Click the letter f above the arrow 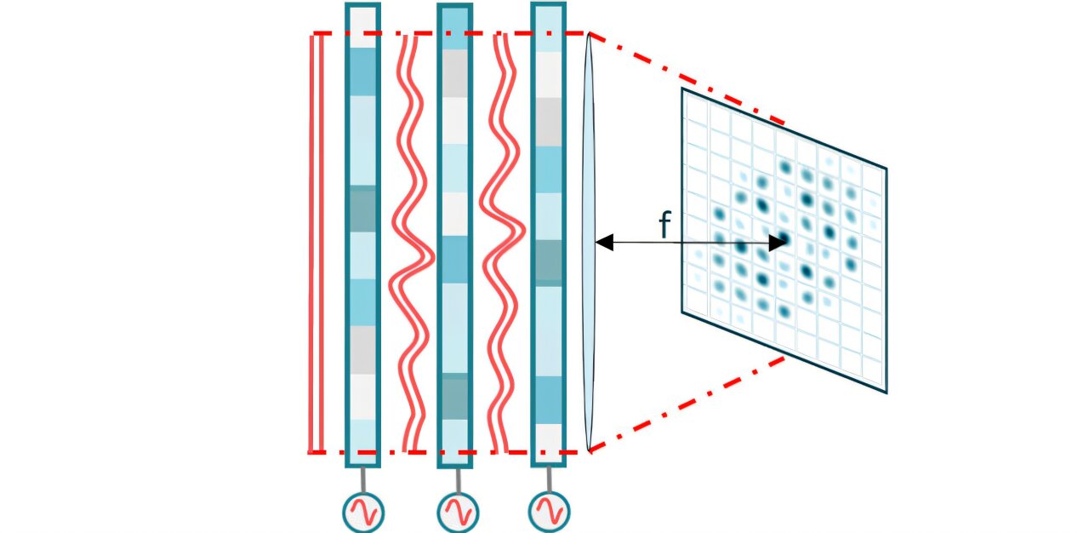click(665, 225)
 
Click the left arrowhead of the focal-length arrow click(603, 243)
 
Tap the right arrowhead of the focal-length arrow click(778, 243)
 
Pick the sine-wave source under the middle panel click(458, 513)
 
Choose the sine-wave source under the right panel click(549, 511)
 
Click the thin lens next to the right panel click(589, 243)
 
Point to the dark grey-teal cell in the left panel click(362, 209)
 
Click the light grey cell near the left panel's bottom click(362, 349)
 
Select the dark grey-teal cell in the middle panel click(453, 397)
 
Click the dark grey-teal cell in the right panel click(548, 262)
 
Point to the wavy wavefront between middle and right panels click(502, 243)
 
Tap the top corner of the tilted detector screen click(683, 89)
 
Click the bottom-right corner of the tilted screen click(886, 392)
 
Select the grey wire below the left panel click(363, 479)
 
